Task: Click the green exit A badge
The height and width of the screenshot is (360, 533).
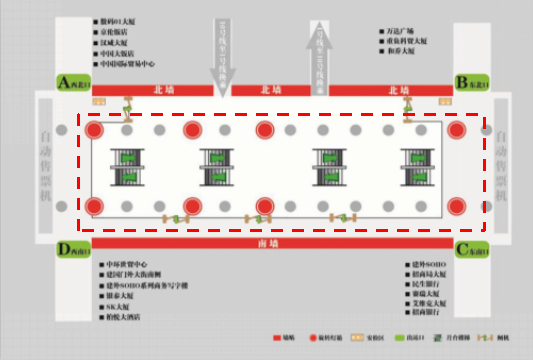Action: coord(72,82)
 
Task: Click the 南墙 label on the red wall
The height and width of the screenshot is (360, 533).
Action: coord(267,243)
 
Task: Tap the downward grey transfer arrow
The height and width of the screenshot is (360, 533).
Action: coord(228,55)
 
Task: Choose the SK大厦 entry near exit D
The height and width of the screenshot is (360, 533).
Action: coord(116,308)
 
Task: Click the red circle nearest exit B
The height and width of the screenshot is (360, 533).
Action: coord(457,130)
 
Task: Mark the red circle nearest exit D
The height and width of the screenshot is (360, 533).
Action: coord(95,206)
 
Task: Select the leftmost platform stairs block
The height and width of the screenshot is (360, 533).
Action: coord(127,167)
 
